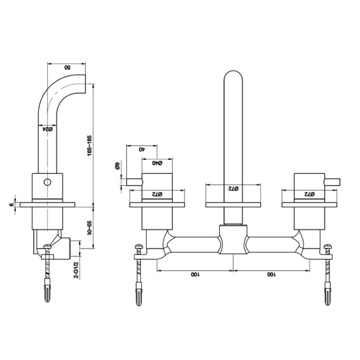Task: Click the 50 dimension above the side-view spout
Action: pos(67,67)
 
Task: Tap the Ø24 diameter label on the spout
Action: pos(47,131)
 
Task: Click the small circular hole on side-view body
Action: pos(47,182)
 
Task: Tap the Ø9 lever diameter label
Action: pos(117,167)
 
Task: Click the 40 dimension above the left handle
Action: pos(141,149)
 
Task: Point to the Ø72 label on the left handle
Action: pos(156,194)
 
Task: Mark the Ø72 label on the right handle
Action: pos(309,194)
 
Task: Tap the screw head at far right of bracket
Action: pos(327,247)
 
